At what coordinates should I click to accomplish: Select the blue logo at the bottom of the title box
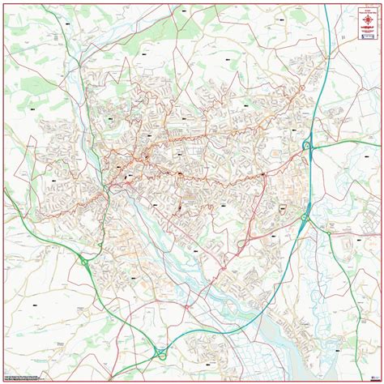(367, 36)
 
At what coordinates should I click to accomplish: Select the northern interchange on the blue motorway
(308, 146)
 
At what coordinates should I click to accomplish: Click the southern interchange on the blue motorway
(307, 216)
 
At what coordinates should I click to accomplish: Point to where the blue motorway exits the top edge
(327, 5)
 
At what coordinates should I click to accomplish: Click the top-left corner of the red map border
(4, 4)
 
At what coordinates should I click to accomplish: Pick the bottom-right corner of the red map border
(380, 380)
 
